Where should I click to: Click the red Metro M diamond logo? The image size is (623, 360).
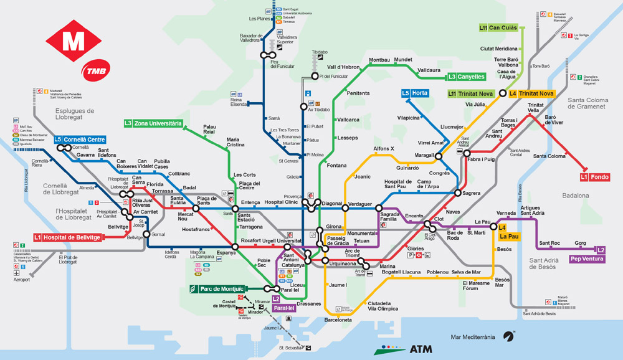(74, 41)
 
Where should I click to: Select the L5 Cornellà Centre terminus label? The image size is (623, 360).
(79, 140)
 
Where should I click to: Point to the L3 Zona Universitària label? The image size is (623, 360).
(153, 123)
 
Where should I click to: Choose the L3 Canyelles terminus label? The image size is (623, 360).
(466, 77)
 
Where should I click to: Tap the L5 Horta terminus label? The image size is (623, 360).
(415, 93)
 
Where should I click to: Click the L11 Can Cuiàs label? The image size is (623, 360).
(498, 28)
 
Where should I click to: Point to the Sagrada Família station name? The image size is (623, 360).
(390, 216)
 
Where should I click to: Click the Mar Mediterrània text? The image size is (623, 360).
(473, 337)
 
